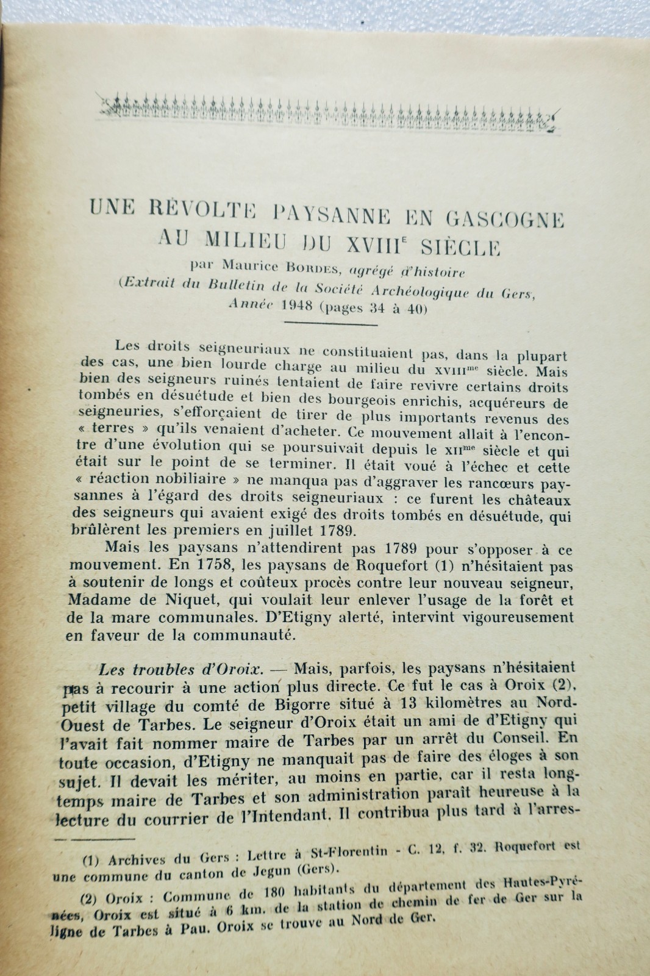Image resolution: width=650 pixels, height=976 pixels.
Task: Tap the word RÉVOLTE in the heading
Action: (195, 214)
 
